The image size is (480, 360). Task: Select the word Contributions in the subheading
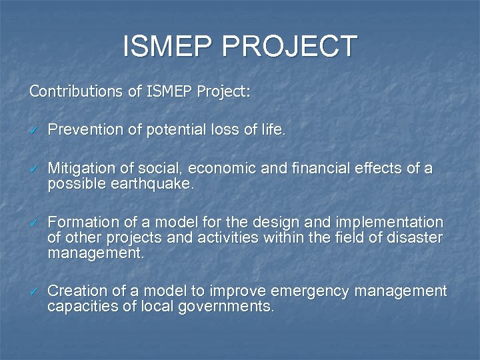(72, 91)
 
